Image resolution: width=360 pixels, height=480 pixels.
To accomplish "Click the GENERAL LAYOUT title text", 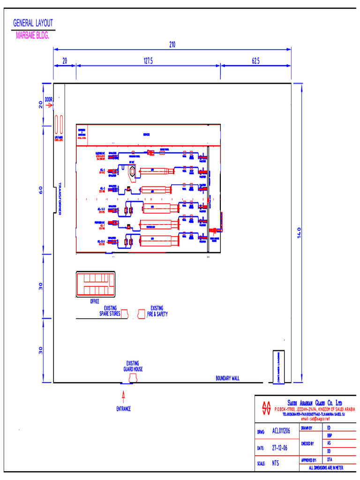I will (x=33, y=23).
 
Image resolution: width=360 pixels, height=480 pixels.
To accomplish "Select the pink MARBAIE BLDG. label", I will (x=32, y=36).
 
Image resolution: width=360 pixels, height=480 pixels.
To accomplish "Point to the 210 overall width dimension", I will (x=172, y=45).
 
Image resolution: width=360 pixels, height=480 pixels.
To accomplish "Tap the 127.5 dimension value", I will (x=148, y=61).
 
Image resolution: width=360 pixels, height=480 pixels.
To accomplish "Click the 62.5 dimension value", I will (x=255, y=61).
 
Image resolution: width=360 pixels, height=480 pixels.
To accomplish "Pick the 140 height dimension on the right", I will (x=299, y=233).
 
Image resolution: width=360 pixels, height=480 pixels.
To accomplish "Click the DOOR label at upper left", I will (x=49, y=100).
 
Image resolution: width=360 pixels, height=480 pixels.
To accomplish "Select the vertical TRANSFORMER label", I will (x=60, y=199).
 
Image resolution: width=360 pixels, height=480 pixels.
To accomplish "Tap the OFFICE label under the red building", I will (x=95, y=301).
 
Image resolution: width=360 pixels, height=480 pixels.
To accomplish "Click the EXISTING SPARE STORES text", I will (x=110, y=311).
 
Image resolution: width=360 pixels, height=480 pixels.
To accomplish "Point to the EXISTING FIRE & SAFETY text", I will (x=157, y=311).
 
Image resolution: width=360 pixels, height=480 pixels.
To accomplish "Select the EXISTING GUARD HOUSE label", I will (x=133, y=366).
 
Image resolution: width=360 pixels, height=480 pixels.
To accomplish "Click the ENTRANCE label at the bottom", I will (x=124, y=409).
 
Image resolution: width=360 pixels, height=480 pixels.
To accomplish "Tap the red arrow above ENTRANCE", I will (x=124, y=397).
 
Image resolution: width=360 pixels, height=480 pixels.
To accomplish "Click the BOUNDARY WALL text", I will (x=227, y=378).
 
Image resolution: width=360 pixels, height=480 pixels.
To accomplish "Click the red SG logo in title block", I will (x=267, y=408).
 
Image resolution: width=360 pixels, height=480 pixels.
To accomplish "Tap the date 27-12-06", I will (x=279, y=448).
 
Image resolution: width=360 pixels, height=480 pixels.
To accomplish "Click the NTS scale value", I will (x=276, y=463).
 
